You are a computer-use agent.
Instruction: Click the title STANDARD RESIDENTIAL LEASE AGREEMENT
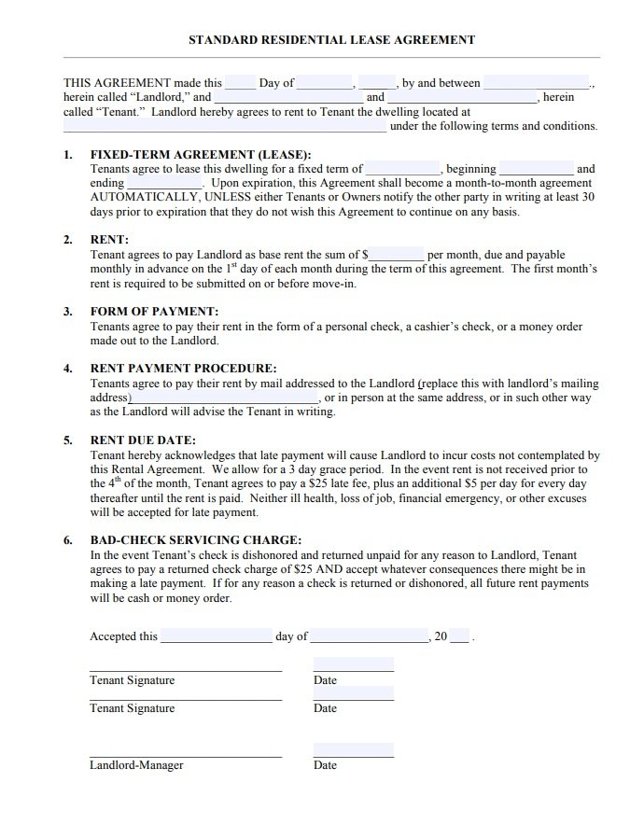(331, 40)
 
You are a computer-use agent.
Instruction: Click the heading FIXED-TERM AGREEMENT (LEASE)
(200, 155)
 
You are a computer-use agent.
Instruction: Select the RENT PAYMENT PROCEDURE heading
(183, 369)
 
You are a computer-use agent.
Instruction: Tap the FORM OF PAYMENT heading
(154, 312)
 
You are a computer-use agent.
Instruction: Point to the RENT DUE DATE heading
(143, 440)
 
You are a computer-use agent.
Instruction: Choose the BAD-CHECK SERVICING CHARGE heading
(195, 539)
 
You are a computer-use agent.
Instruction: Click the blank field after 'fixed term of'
(403, 170)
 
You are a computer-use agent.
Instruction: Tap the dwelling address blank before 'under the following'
(224, 127)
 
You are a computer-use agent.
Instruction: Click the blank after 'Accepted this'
(216, 637)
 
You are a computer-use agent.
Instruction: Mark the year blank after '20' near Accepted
(461, 637)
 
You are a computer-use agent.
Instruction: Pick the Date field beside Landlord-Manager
(353, 751)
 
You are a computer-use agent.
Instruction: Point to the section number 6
(67, 539)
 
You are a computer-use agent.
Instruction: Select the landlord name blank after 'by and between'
(537, 83)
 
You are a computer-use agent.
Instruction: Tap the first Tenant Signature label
(132, 680)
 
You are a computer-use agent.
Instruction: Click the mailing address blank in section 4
(224, 398)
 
